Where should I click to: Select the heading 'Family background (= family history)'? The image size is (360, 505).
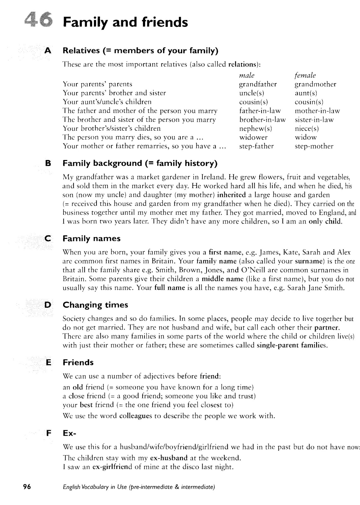(x=140, y=163)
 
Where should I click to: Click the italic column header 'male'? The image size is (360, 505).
(x=247, y=75)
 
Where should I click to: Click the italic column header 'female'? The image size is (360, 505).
(x=305, y=75)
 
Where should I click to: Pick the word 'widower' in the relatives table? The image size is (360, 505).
(x=253, y=137)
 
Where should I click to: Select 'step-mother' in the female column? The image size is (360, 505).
(x=314, y=146)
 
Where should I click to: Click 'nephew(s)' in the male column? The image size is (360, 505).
(x=256, y=128)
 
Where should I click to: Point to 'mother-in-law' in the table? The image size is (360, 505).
(x=317, y=111)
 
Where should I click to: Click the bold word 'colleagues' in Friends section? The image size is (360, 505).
(x=136, y=416)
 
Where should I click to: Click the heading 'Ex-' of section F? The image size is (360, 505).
(x=69, y=433)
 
